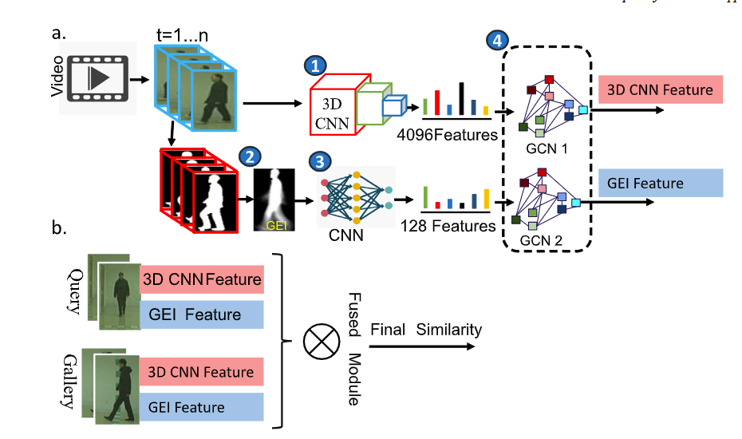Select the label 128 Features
(x=446, y=226)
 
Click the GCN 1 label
(x=548, y=148)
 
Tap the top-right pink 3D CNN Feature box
(x=660, y=89)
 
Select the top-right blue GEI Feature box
(x=660, y=183)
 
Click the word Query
(x=77, y=291)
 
